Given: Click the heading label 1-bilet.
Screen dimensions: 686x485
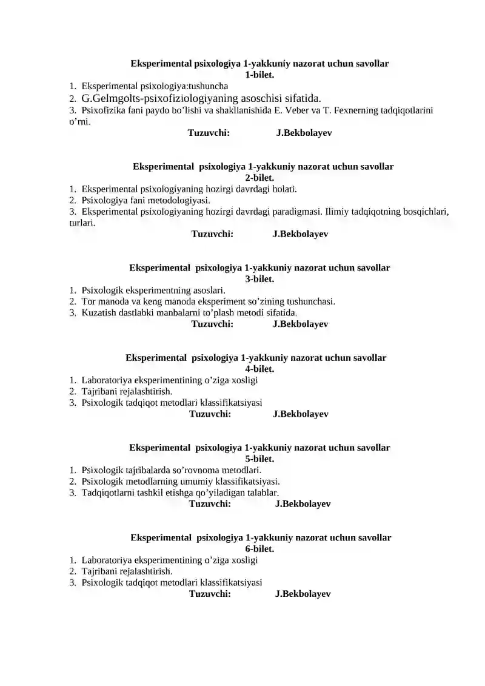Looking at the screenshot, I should (259, 75).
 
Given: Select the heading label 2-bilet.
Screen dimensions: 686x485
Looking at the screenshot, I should (259, 178).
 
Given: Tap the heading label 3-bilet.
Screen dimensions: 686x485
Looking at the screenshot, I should (259, 279).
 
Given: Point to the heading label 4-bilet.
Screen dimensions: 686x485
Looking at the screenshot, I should (259, 369).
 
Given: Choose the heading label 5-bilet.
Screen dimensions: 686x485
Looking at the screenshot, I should (259, 459).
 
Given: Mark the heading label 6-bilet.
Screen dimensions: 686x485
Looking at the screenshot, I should (259, 549).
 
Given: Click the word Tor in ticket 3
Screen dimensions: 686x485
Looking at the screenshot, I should (89, 301).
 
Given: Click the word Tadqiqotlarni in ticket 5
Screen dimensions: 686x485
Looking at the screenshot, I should (106, 493).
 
